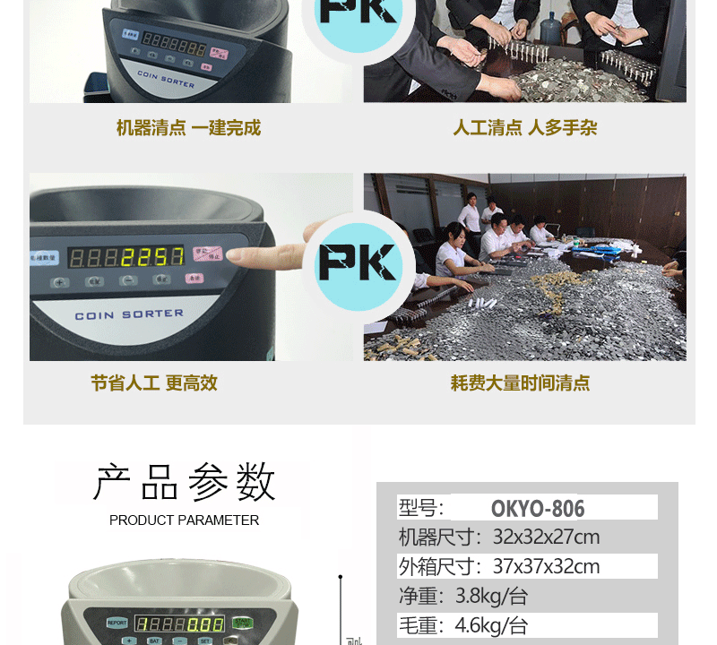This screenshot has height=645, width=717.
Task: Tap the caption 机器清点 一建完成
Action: coord(188,128)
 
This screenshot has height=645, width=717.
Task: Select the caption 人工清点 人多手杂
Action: coord(524,128)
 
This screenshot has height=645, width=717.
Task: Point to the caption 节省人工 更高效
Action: coord(154,383)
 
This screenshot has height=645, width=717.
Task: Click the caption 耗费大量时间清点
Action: coord(520,383)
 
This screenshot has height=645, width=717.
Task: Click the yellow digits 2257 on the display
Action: coord(151,258)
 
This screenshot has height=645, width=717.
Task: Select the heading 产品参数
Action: coord(185,484)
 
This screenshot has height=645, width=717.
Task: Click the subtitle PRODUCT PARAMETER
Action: coord(185,520)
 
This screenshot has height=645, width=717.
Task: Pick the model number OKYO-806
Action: coord(538,509)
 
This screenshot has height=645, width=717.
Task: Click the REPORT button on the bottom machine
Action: coord(117,623)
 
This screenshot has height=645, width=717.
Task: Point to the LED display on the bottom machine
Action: coord(179,623)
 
